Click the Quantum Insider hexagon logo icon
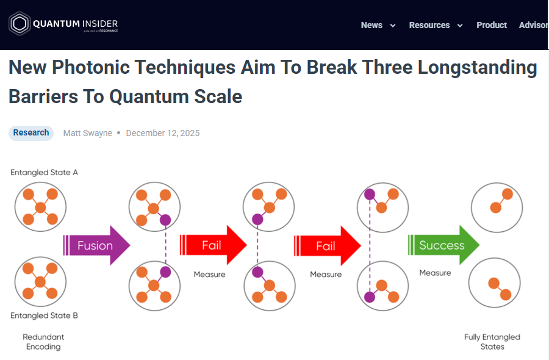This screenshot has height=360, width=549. point(20,23)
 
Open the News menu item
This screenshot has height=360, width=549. point(371,25)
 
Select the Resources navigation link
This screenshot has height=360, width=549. point(429,25)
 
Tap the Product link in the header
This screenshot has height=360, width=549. point(492,25)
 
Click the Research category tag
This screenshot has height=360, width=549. point(31,133)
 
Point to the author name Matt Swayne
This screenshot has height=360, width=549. point(87,133)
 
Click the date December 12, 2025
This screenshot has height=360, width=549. point(163,133)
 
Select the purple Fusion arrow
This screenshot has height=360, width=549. point(96,245)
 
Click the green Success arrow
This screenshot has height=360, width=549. point(443,245)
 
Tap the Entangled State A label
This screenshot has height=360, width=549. point(44,172)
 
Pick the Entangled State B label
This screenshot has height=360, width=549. point(44,315)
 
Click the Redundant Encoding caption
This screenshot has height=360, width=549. point(43,342)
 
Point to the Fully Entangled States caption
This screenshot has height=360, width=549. point(492,342)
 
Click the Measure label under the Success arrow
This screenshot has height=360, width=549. point(435,273)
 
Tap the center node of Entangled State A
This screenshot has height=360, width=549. point(40,207)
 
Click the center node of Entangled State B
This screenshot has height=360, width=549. point(40,281)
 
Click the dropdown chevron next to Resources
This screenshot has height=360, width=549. point(460,26)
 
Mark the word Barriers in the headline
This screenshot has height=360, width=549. point(43,96)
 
